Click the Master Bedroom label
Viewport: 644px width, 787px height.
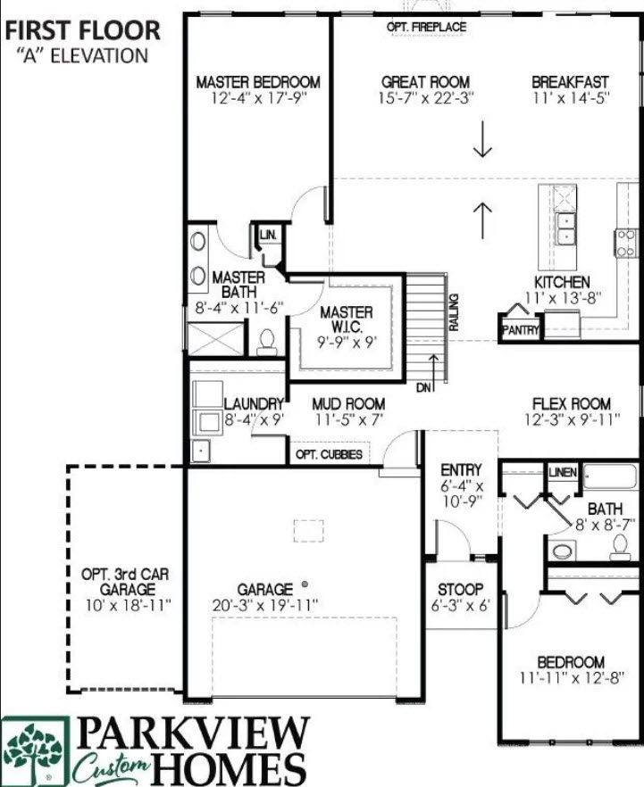tap(258, 82)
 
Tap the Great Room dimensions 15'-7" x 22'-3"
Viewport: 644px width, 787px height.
tap(426, 98)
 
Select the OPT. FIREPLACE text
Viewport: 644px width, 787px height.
tap(426, 27)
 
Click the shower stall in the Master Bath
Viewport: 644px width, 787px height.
tap(215, 339)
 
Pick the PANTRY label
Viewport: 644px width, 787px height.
tap(520, 330)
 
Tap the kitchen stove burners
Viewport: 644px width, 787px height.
tap(625, 244)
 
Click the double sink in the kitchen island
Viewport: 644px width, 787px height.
tap(565, 228)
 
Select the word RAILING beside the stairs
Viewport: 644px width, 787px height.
tap(454, 312)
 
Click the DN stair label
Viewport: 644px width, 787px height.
tap(424, 387)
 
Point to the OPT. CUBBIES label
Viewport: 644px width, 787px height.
tap(329, 455)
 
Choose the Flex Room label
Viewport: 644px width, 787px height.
tap(572, 403)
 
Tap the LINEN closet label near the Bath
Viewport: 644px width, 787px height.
tap(563, 472)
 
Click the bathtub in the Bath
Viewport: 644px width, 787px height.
tap(611, 477)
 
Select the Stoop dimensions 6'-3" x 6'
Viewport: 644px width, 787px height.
tap(461, 606)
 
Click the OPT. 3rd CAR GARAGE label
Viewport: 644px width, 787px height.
tap(126, 581)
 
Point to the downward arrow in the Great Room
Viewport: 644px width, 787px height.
tap(482, 139)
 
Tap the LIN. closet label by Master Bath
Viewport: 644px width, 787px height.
tap(268, 235)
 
